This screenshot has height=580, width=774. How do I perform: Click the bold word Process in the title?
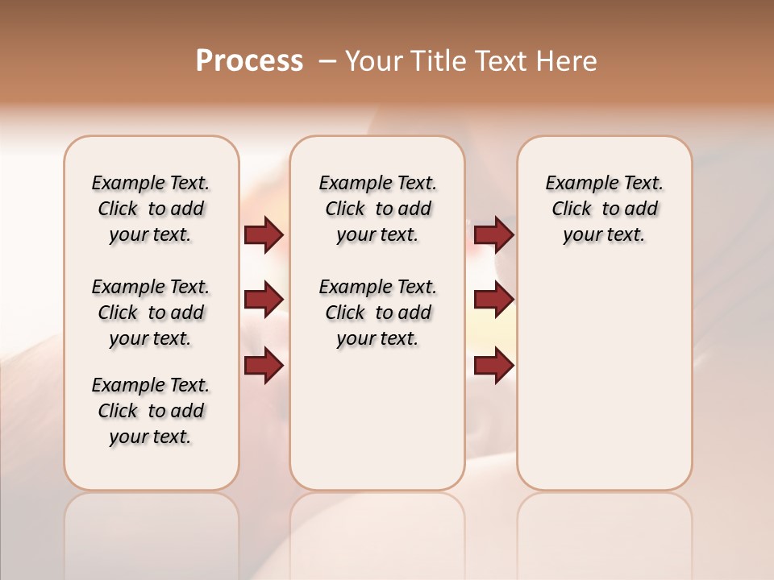click(249, 61)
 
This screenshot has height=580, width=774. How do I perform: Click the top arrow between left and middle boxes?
click(264, 234)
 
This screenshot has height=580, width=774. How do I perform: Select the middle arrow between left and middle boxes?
click(264, 300)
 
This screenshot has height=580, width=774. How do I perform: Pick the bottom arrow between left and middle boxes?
click(264, 366)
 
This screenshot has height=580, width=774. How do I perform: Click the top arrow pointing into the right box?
click(493, 234)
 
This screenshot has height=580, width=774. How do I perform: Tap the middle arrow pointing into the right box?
click(493, 300)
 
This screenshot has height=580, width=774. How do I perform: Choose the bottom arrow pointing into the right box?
click(493, 366)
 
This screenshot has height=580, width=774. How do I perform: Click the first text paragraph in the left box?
click(151, 209)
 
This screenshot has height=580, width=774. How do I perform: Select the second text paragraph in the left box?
click(151, 313)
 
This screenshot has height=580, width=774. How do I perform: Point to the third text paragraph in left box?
click(151, 411)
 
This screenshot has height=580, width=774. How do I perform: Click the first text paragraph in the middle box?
click(377, 209)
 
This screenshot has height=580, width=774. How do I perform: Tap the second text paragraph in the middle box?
click(377, 313)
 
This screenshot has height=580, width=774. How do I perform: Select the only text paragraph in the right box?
click(604, 209)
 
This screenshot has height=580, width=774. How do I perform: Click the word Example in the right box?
click(576, 183)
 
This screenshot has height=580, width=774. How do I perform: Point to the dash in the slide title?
click(327, 61)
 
